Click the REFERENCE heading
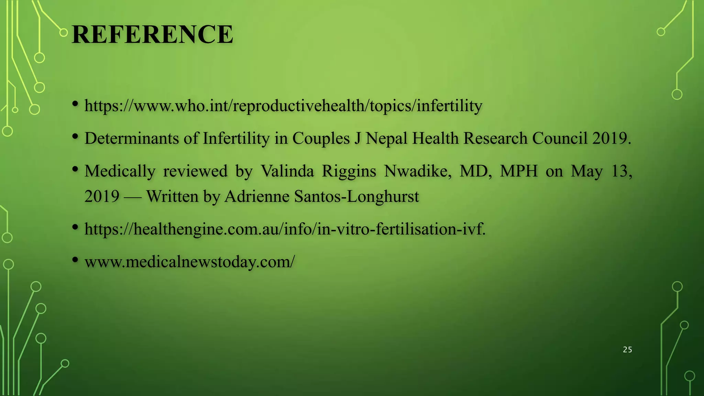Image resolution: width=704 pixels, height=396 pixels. coord(152,34)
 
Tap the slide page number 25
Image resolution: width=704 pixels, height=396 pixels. coord(627,350)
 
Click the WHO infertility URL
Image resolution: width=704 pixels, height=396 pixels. coord(283,106)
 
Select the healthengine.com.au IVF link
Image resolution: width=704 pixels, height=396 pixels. coord(285,229)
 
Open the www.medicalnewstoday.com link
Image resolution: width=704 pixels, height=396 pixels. coord(189,262)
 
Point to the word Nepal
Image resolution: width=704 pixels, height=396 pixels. coord(387,139)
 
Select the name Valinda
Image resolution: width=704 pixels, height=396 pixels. coord(287,171)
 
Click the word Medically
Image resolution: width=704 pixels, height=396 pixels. coord(120,171)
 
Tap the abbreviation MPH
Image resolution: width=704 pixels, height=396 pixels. coord(519,171)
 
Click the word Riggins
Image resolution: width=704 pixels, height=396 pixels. coord(349,171)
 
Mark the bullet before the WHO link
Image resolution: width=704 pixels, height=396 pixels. coord(75,103)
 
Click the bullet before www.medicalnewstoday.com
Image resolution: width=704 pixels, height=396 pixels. coord(75,260)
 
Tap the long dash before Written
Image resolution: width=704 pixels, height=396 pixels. coord(132,197)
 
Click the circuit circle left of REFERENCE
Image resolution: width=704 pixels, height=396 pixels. coord(63,33)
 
